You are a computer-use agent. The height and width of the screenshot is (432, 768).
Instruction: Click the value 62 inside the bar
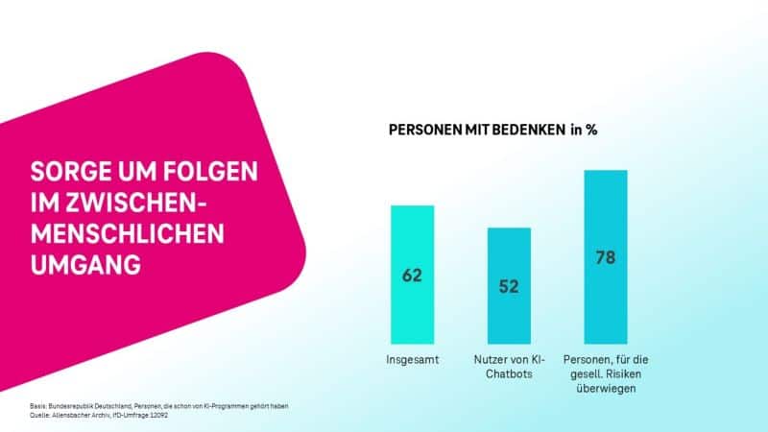click(x=412, y=276)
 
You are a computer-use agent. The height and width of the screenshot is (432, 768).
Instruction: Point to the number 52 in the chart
click(x=509, y=286)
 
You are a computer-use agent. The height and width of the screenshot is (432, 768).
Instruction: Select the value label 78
click(x=605, y=257)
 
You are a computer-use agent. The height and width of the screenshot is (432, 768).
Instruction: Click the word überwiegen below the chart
click(x=605, y=390)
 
